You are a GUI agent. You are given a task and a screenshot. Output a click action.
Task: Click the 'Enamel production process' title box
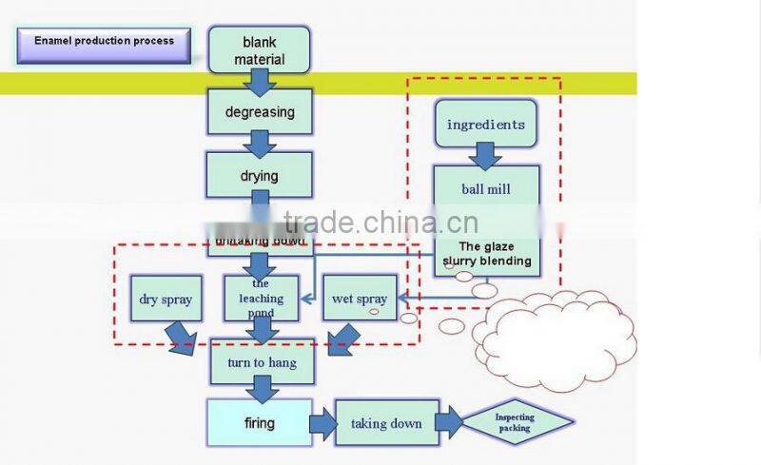coord(104,42)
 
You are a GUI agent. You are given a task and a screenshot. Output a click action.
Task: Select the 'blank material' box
coord(260,50)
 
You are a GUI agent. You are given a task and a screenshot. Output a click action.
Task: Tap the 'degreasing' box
coord(260,112)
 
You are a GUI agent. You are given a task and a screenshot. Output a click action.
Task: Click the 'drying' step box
coord(260,175)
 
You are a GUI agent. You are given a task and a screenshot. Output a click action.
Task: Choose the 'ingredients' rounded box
coord(485,124)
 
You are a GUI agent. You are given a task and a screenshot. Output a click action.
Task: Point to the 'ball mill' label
coord(486,189)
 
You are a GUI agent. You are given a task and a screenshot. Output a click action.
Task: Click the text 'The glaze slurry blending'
coord(487,253)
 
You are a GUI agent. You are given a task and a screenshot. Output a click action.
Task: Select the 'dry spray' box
coord(166,299)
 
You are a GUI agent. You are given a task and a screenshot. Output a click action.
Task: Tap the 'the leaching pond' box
coord(261,298)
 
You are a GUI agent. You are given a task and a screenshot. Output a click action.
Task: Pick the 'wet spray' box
coord(360,299)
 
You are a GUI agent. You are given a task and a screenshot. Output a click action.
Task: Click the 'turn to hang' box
coord(262,362)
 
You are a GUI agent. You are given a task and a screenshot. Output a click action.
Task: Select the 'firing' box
coord(260,423)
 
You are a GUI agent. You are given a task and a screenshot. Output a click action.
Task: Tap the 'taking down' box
coord(386,423)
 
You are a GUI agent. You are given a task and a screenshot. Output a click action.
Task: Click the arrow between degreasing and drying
coord(260,144)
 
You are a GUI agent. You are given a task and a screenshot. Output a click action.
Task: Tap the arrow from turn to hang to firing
coord(261,390)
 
